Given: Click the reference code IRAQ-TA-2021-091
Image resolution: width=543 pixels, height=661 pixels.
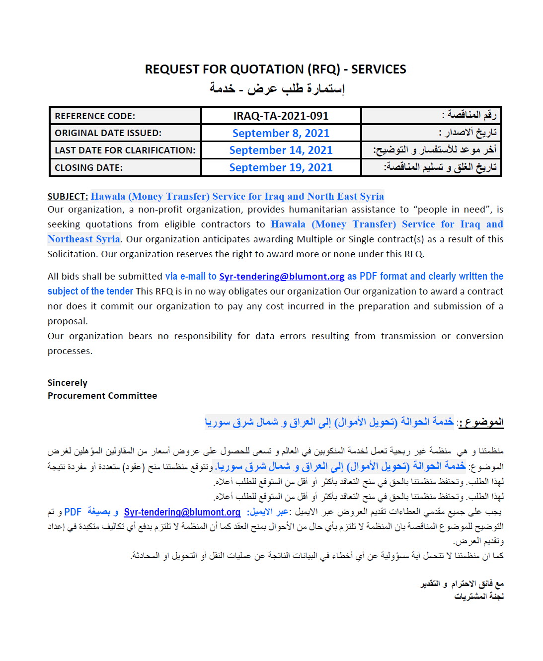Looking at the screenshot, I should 281,116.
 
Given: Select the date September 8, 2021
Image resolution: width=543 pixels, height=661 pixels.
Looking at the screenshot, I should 281,133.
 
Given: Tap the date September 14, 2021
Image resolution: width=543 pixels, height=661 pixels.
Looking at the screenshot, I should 281,150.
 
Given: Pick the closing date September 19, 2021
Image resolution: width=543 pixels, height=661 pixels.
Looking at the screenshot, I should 281,167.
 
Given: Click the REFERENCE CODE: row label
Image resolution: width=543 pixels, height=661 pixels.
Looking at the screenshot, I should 95,116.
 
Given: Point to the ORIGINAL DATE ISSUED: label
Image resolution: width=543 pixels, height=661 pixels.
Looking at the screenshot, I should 108,133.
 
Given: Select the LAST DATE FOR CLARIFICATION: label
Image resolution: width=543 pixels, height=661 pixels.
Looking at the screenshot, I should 125,150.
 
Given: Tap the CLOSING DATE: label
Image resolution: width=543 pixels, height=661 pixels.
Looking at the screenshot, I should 88,168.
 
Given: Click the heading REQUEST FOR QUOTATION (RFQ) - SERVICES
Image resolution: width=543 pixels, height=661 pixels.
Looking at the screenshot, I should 275,69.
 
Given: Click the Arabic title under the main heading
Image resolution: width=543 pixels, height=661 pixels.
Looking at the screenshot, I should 277,88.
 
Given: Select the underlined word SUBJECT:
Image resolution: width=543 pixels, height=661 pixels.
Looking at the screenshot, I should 68,196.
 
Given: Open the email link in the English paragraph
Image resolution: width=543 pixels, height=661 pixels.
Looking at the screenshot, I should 282,277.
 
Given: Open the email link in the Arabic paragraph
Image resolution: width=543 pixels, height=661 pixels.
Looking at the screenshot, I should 182,512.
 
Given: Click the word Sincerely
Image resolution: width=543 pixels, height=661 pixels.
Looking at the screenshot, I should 67,383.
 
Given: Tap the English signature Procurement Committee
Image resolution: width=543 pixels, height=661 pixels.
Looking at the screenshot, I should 102,396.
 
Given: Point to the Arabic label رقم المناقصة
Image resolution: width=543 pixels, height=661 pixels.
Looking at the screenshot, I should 469,115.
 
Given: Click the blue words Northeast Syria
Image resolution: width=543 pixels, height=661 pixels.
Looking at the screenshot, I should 83,239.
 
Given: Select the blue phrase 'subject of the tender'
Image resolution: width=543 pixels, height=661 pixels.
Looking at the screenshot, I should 90,292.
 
